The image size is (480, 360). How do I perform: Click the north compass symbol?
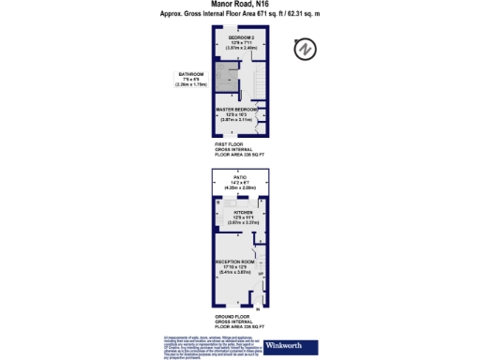305,50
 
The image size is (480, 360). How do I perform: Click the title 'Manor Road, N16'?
239,5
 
